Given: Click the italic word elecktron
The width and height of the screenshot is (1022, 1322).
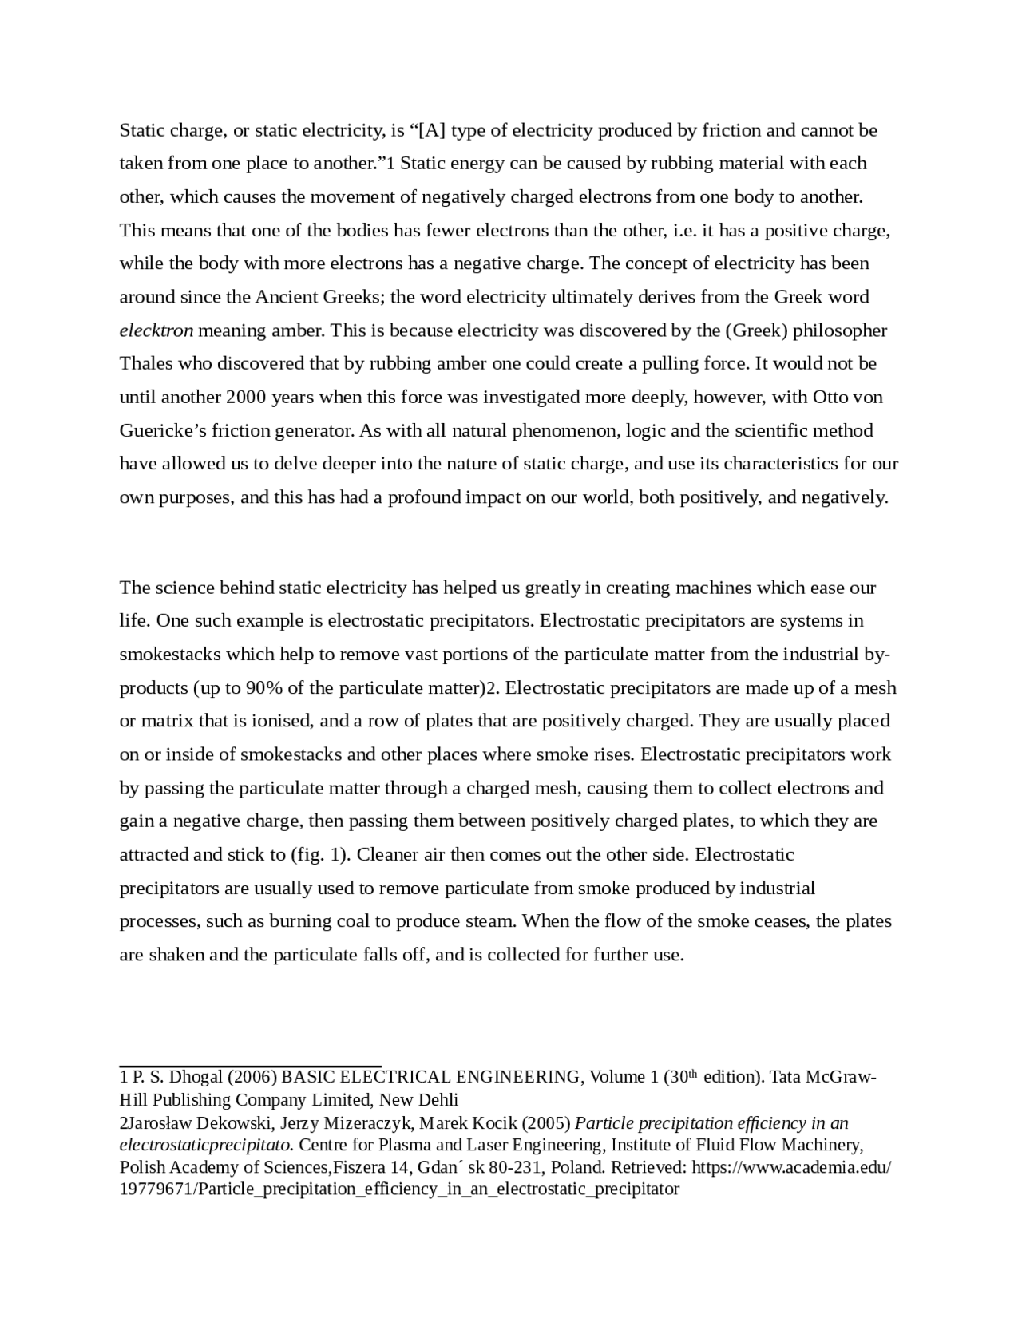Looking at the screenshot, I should tap(156, 330).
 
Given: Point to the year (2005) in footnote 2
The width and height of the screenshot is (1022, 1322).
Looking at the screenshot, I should tap(546, 1123).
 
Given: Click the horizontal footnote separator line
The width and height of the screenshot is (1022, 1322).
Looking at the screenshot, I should tap(250, 1065).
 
